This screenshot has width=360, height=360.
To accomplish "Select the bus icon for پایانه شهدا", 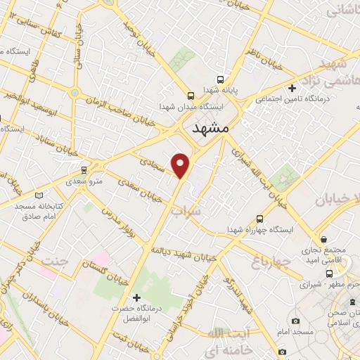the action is click(x=221, y=79).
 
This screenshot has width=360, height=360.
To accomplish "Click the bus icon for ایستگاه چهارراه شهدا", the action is click(x=260, y=219).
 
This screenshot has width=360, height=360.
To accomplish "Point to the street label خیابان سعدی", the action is click(x=134, y=188).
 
